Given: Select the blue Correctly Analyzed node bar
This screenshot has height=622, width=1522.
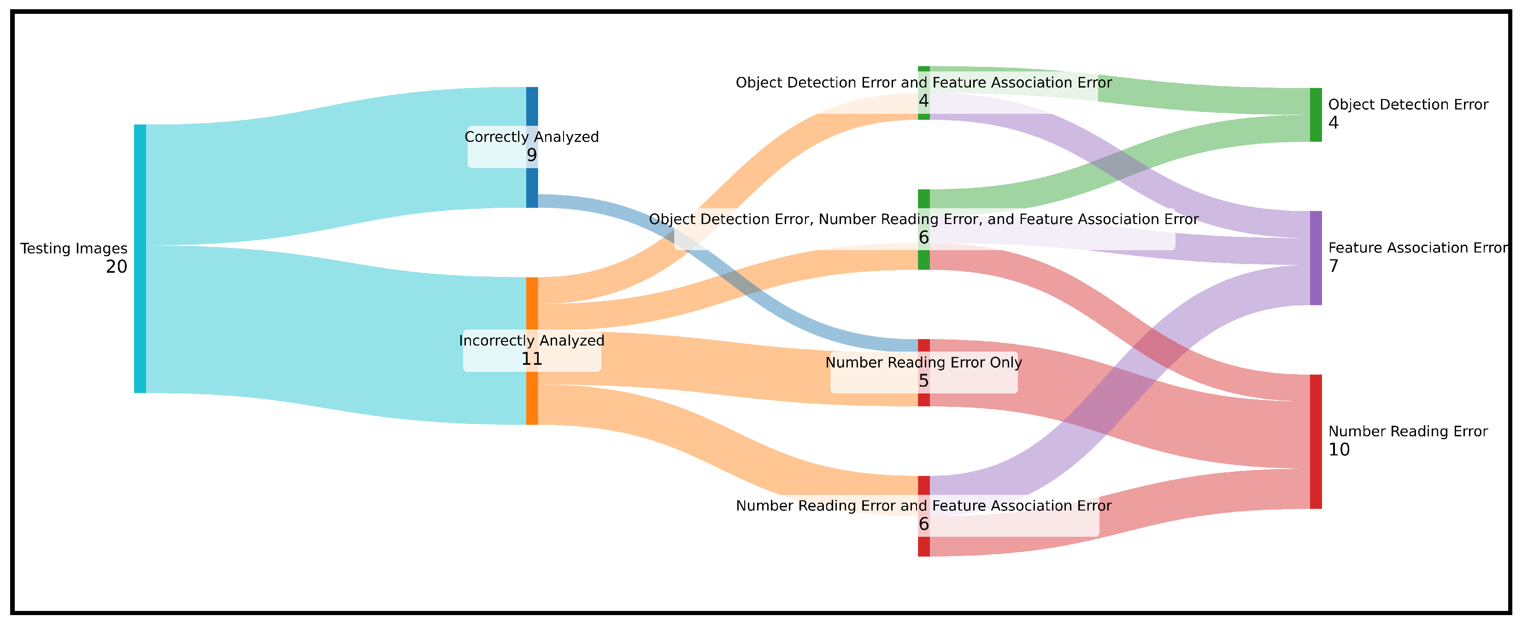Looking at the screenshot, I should click(x=532, y=106).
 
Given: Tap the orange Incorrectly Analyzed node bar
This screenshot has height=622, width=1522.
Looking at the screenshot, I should click(x=532, y=402).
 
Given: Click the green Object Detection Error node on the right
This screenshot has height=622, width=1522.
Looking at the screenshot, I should click(x=1316, y=115).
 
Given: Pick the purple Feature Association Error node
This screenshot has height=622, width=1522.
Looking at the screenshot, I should click(x=1316, y=258).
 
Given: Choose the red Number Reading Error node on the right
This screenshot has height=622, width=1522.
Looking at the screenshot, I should click(x=1316, y=441).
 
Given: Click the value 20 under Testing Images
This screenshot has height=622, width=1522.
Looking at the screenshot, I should click(x=117, y=267).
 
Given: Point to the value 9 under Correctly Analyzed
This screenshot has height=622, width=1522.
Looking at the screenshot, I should click(x=532, y=155).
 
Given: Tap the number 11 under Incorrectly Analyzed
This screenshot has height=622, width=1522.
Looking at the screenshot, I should click(x=532, y=359).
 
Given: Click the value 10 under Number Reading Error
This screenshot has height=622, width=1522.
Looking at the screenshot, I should click(x=1339, y=450).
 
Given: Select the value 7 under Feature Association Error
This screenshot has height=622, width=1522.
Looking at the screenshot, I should click(x=1334, y=266).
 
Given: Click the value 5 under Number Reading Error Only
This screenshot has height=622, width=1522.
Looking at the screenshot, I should click(x=923, y=381).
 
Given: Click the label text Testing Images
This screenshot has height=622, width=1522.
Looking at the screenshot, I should click(x=74, y=249).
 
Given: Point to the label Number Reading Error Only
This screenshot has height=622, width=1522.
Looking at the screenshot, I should click(x=923, y=363).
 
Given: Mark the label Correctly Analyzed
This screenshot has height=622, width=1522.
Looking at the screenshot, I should click(x=532, y=137).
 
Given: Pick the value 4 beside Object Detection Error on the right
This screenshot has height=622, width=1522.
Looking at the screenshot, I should click(x=1334, y=123).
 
